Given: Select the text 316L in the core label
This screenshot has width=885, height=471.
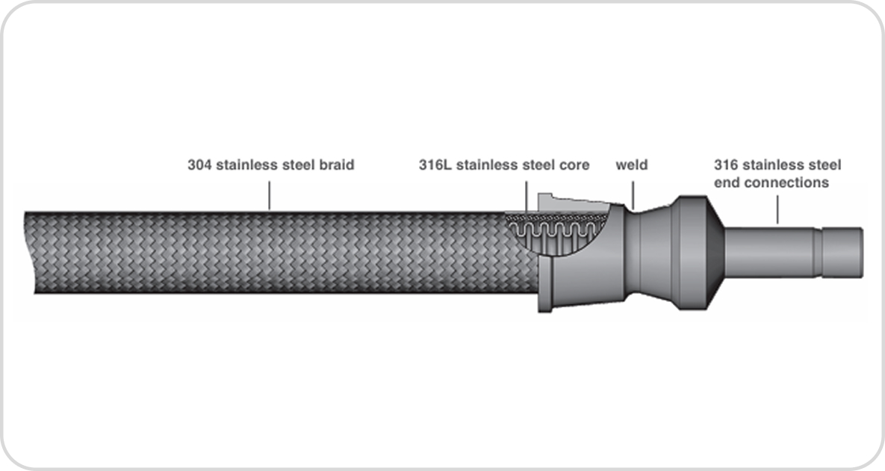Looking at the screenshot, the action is coord(435,165).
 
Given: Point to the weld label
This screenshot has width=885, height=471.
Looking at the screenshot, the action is coord(632,165).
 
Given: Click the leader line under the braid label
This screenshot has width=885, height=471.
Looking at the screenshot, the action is coord(269,195).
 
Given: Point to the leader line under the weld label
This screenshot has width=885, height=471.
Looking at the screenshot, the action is coord(633,195).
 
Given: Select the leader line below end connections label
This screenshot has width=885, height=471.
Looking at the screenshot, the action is coord(777,209).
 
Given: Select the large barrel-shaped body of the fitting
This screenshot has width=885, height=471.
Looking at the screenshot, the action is coord(692,253).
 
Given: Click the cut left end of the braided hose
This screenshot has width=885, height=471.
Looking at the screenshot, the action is coord(29,253).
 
